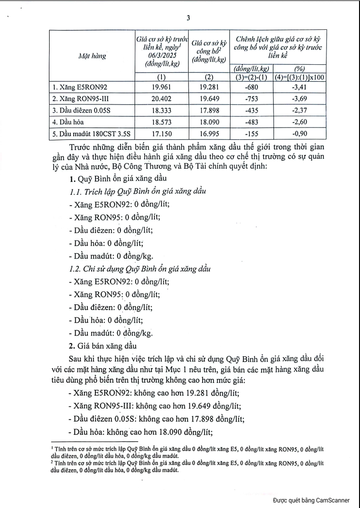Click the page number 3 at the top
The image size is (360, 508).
[188, 19]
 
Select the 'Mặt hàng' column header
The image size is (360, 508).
[92, 55]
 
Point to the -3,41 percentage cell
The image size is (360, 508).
[300, 86]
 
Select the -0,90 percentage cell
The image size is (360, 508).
[300, 134]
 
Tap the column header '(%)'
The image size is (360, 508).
[300, 69]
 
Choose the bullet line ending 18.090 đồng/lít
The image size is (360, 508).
[142, 431]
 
